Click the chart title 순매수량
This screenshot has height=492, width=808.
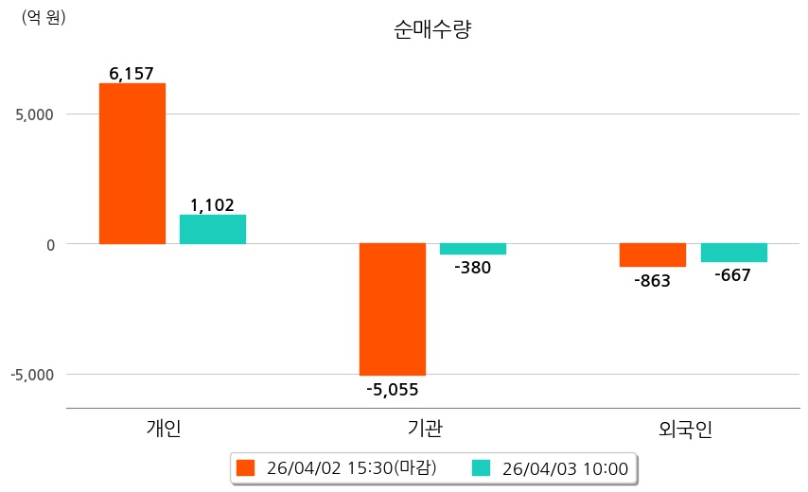pyautogui.click(x=432, y=29)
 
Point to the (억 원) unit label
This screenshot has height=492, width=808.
pyautogui.click(x=44, y=18)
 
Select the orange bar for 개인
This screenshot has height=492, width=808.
pyautogui.click(x=132, y=164)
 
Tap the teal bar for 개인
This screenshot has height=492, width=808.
pyautogui.click(x=213, y=230)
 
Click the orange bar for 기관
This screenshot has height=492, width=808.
pyautogui.click(x=392, y=309)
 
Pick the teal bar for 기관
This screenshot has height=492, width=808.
pyautogui.click(x=472, y=249)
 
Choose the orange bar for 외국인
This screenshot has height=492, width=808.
pyautogui.click(x=653, y=255)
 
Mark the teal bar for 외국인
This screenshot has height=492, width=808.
pyautogui.click(x=733, y=253)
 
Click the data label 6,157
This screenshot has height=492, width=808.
pyautogui.click(x=132, y=73)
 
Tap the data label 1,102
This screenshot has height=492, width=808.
pyautogui.click(x=212, y=204)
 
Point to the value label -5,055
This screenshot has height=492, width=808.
pyautogui.click(x=392, y=388)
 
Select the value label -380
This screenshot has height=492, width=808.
pyautogui.click(x=473, y=268)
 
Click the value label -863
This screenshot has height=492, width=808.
pyautogui.click(x=652, y=280)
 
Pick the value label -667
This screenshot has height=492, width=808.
pyautogui.click(x=733, y=275)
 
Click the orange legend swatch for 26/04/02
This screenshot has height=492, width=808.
pyautogui.click(x=246, y=468)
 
